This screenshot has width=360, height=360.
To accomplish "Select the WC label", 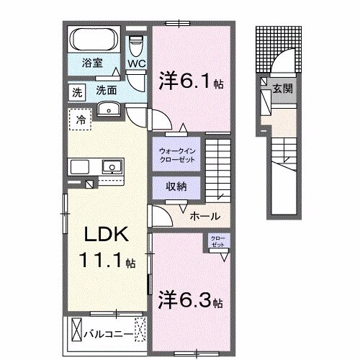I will (x=137, y=63).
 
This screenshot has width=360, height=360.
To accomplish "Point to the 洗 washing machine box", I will (x=76, y=91).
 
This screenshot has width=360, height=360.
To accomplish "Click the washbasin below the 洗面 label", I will (x=110, y=109).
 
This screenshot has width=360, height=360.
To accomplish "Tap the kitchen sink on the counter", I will (x=112, y=167).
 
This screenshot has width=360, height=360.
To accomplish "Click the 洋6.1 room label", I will (x=189, y=82).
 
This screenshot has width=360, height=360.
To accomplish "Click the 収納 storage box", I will (x=176, y=186).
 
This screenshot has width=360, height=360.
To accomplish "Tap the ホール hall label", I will (x=204, y=216).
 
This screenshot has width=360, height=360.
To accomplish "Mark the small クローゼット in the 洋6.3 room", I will (x=217, y=242).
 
